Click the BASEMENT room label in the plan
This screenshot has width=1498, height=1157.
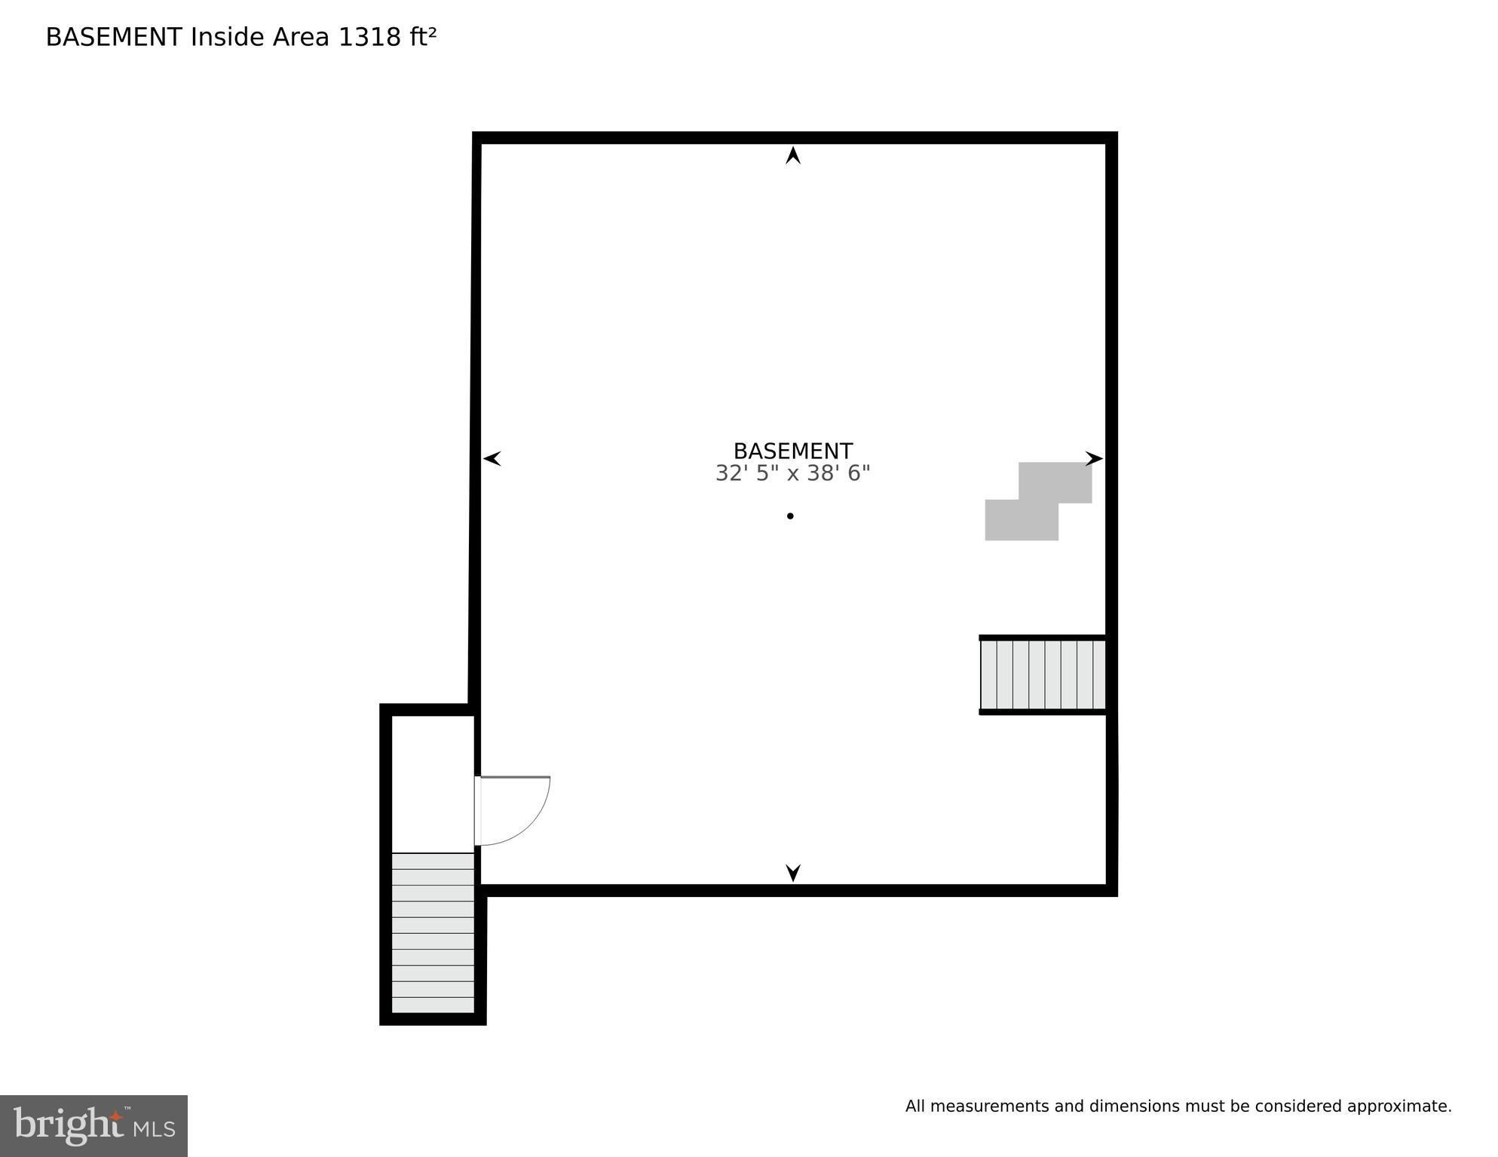click(x=792, y=451)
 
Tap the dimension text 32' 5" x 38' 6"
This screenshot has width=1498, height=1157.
click(x=792, y=473)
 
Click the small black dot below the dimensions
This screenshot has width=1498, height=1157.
click(x=790, y=516)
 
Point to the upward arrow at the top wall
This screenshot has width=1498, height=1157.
click(x=793, y=155)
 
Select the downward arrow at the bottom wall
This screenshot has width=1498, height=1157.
click(x=793, y=873)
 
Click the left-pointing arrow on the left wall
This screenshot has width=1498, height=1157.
click(x=492, y=458)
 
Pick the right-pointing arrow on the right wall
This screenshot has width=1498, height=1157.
click(x=1094, y=458)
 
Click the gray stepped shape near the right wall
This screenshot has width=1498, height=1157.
click(x=1038, y=501)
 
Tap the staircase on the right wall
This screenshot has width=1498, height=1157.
click(x=1043, y=675)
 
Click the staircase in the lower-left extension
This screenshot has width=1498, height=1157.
click(x=433, y=933)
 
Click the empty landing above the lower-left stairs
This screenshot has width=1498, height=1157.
click(x=433, y=784)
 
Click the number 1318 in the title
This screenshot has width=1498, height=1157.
click(x=369, y=37)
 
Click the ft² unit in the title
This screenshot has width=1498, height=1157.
click(x=423, y=37)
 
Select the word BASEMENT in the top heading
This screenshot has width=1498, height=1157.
click(x=114, y=37)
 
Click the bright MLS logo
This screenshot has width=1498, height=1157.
click(x=93, y=1125)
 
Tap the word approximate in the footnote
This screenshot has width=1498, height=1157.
click(x=1398, y=1106)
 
